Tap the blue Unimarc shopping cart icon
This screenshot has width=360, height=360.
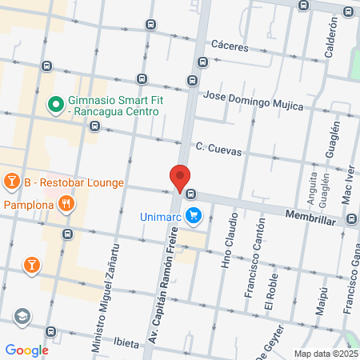tap(193, 215)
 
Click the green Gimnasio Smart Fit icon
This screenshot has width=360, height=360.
tap(55, 103)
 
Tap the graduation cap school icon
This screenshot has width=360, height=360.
tap(22, 316)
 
